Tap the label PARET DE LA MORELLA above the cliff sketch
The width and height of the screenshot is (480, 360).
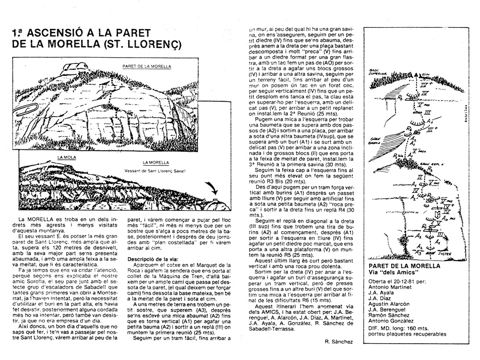click(146, 66)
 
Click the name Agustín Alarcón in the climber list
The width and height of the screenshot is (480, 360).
click(390, 304)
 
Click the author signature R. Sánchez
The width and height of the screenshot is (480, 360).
click(339, 342)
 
